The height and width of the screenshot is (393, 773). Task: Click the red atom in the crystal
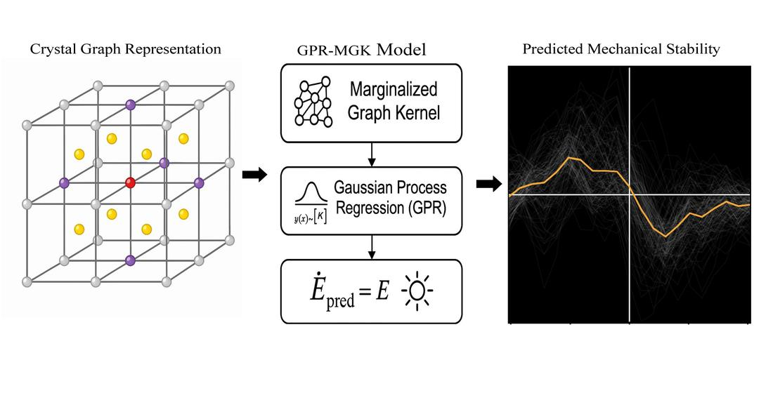click(130, 182)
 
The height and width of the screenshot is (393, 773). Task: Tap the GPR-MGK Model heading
click(361, 51)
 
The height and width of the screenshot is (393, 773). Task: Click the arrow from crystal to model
click(254, 175)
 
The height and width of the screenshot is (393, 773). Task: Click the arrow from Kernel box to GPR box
click(372, 153)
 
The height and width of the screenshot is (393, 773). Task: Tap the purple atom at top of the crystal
click(130, 105)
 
